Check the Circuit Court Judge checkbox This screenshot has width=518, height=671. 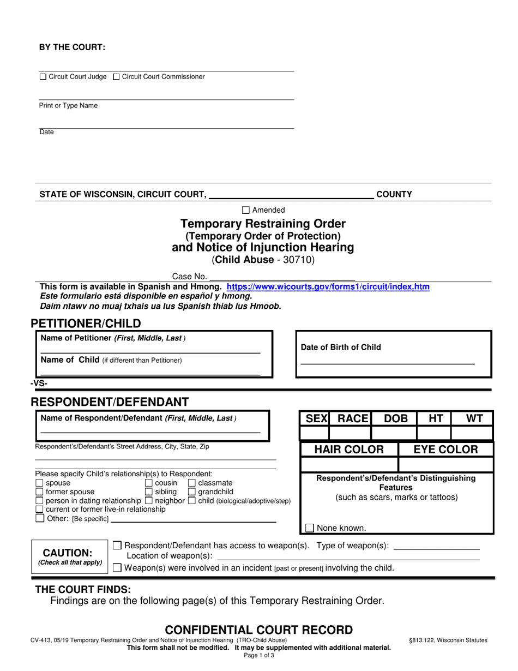(x=43, y=77)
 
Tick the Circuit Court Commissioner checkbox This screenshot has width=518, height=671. (x=116, y=77)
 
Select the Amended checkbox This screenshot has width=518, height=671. (x=245, y=210)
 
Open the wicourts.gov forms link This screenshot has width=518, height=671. (x=328, y=286)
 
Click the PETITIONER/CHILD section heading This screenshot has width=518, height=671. (x=86, y=323)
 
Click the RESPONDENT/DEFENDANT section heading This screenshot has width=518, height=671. (x=110, y=402)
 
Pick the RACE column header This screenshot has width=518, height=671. (x=351, y=418)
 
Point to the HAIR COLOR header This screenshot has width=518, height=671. (x=349, y=450)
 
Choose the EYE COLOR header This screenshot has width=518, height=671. (x=446, y=450)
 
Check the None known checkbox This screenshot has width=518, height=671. (x=310, y=528)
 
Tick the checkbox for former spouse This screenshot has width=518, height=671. (x=39, y=492)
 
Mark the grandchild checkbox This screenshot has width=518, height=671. (x=192, y=492)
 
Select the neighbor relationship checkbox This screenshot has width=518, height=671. (x=149, y=501)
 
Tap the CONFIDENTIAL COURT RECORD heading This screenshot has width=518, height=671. (x=259, y=630)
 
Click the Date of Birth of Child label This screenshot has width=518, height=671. (x=341, y=348)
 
